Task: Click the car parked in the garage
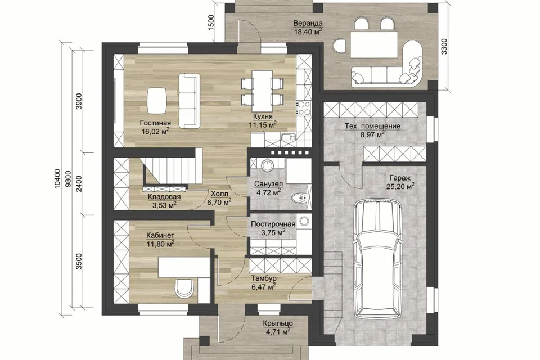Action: (x=378, y=260)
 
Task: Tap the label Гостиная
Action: (x=155, y=123)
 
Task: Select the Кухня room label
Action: (x=263, y=116)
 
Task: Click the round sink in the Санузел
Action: (x=267, y=165)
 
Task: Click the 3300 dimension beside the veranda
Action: (x=444, y=47)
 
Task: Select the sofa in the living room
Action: (x=189, y=101)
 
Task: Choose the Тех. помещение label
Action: (x=372, y=126)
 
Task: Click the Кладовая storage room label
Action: (x=164, y=197)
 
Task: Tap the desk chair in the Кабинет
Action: (x=184, y=289)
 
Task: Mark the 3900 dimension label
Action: (x=79, y=101)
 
